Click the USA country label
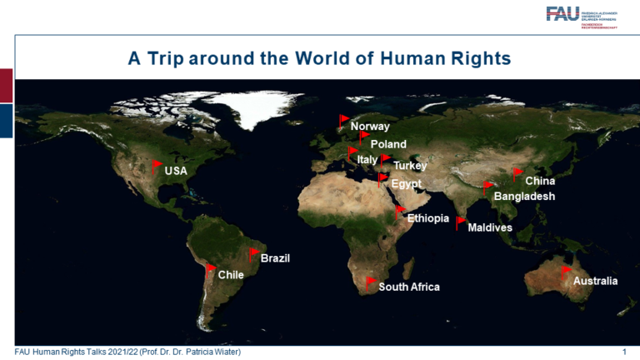[176, 171]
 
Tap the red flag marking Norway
[343, 122]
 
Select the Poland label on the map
[388, 144]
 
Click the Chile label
[230, 274]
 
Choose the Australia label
[595, 282]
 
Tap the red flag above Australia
[566, 272]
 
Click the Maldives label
[490, 227]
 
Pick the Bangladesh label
[524, 197]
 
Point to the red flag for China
[517, 173]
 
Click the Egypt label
[407, 183]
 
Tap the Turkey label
[410, 166]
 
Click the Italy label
[367, 159]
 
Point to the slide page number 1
[624, 352]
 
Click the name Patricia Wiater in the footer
[209, 352]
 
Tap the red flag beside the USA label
[157, 163]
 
